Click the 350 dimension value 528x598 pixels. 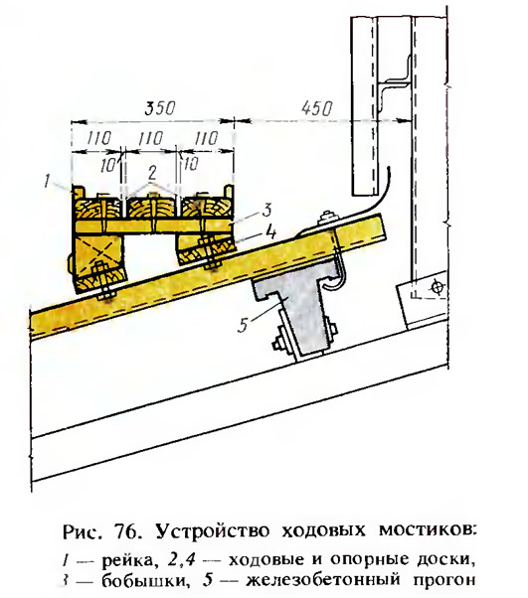[x=159, y=108]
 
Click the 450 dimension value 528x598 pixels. [x=316, y=108]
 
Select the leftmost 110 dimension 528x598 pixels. [x=98, y=138]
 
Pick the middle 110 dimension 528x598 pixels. [x=151, y=138]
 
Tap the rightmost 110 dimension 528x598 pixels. [x=206, y=138]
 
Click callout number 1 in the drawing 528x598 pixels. [x=47, y=181]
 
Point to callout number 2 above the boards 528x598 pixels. [x=152, y=174]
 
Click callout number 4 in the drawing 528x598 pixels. [x=270, y=232]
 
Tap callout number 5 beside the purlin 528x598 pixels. [x=244, y=325]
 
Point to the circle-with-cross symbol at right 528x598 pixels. [x=437, y=287]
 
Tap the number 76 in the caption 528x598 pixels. [x=125, y=530]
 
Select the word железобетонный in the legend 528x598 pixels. [x=324, y=580]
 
